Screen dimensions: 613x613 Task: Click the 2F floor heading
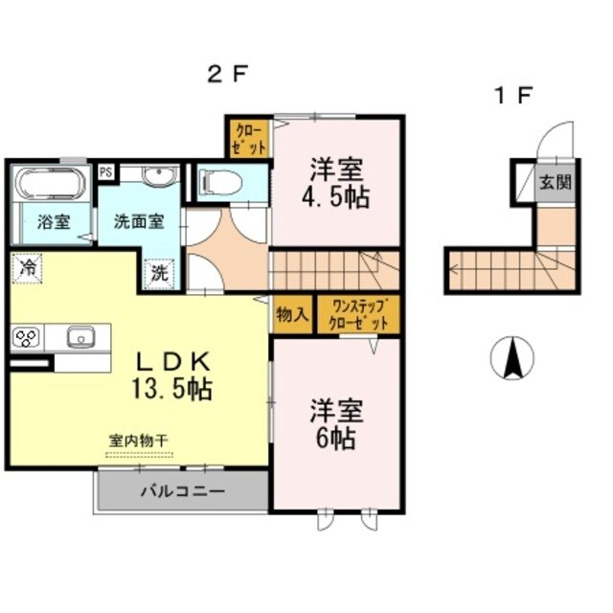(229, 74)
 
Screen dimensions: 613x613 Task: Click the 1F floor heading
(512, 95)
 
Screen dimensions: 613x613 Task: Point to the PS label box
(106, 171)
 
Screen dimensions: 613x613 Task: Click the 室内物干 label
(138, 440)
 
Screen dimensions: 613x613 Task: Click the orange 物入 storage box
(292, 314)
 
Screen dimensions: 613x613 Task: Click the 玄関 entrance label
(553, 180)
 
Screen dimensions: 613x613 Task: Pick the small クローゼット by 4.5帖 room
(248, 136)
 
